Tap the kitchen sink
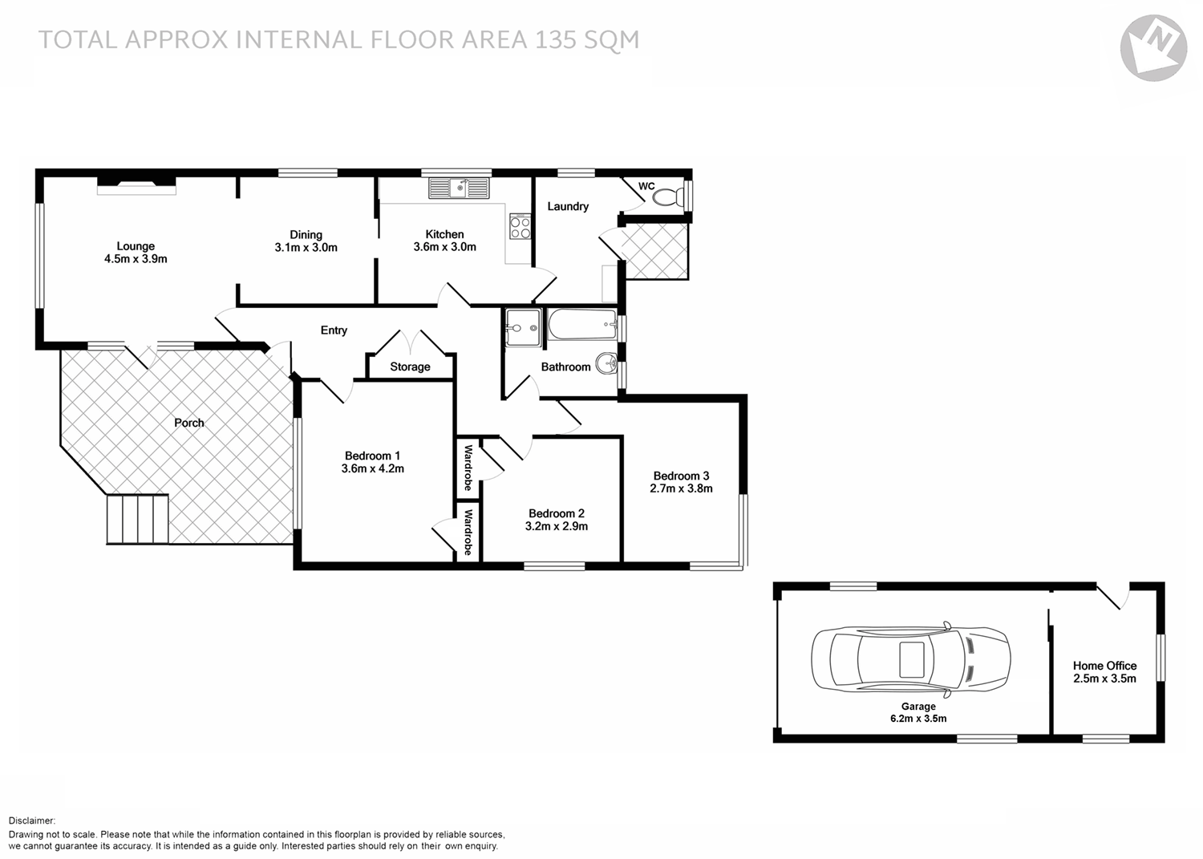pos(459,188)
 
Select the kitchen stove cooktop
pos(520,227)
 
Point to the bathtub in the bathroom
pos(582,326)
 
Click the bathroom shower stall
pos(523,327)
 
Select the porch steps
pos(138,519)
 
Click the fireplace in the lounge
pos(136,188)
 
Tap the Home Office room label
pos(1104,666)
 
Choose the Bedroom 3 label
pos(681,476)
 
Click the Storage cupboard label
pos(410,367)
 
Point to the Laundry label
pos(568,206)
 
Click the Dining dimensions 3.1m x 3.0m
pos(306,248)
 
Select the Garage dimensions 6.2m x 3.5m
pos(918,719)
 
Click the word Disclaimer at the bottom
pos(32,821)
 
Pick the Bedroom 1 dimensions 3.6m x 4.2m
pos(372,468)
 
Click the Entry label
pos(334,330)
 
